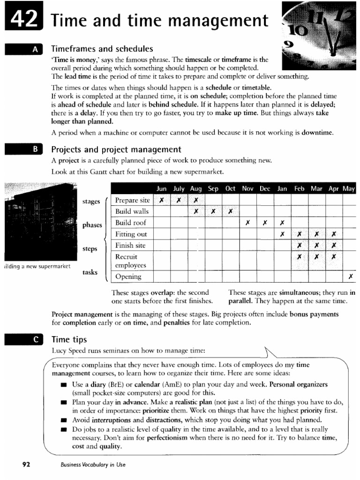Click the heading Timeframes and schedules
[102, 49]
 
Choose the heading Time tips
[69, 339]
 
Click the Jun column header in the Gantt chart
[161, 188]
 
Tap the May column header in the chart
[349, 188]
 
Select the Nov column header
[247, 188]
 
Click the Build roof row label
[131, 223]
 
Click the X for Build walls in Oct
[230, 211]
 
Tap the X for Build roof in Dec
[265, 223]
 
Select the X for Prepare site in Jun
[161, 200]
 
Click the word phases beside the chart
[92, 225]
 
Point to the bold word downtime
[317, 133]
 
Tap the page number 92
[26, 465]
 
